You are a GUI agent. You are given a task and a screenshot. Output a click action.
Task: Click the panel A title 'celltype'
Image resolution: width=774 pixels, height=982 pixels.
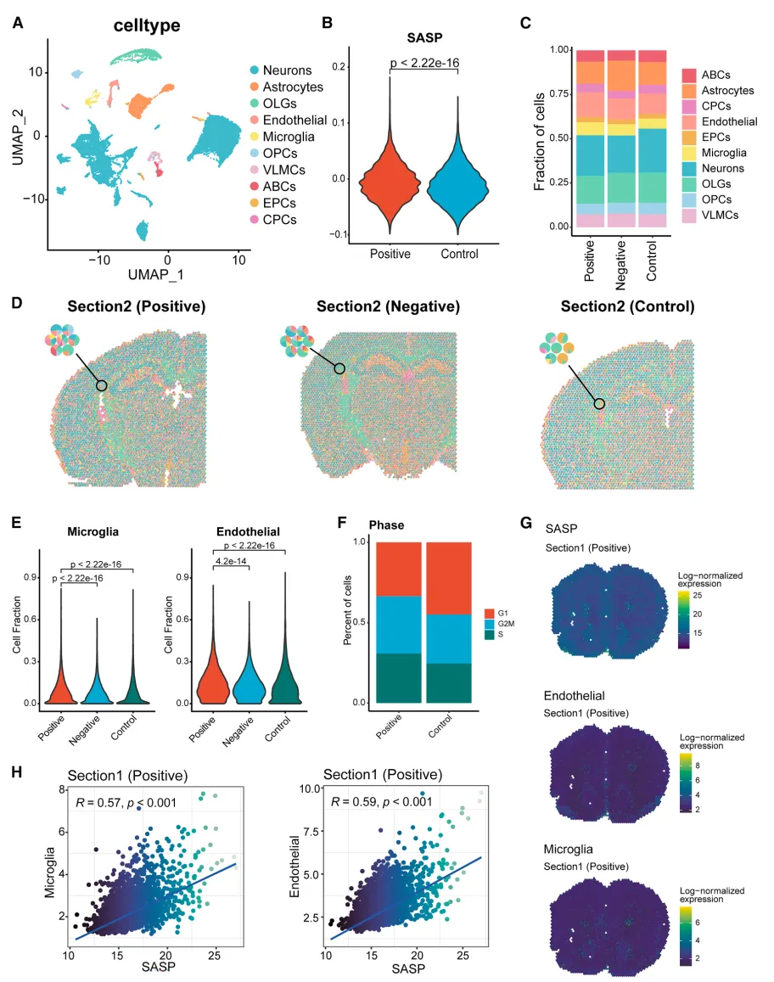coord(147,25)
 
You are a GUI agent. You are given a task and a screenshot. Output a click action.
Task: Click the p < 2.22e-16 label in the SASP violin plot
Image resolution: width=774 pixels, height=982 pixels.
coord(423,62)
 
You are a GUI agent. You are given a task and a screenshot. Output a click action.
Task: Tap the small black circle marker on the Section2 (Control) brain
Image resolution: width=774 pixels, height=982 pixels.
coord(600,404)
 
